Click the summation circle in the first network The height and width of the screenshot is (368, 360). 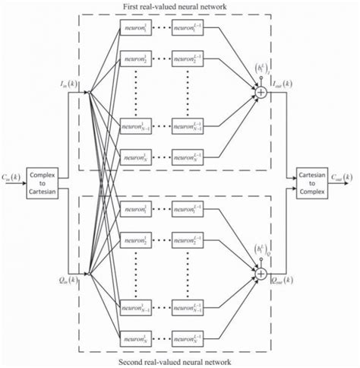(x=261, y=92)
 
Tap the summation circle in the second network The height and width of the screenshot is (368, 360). (x=261, y=272)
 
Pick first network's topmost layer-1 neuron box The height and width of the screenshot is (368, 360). (x=135, y=30)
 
